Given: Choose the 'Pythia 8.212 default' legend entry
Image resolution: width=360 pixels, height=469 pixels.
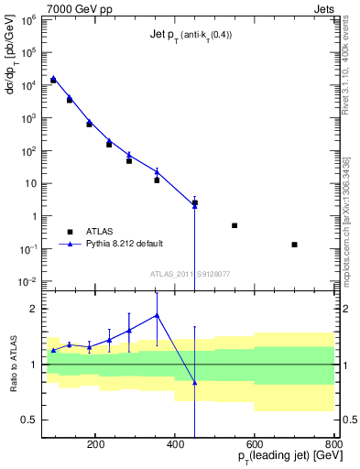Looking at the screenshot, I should [124, 244].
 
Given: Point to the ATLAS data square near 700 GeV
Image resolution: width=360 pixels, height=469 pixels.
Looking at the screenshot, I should [294, 245].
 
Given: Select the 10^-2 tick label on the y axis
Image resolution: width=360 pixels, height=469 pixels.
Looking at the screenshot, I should [28, 281].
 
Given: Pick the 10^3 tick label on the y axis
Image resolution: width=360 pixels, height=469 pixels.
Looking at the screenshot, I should [28, 118].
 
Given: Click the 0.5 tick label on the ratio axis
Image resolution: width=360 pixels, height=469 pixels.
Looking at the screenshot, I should [28, 420].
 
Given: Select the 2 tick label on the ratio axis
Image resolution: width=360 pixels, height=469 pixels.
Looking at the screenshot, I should [32, 309].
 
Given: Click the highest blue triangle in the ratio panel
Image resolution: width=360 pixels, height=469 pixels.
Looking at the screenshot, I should [157, 315].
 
